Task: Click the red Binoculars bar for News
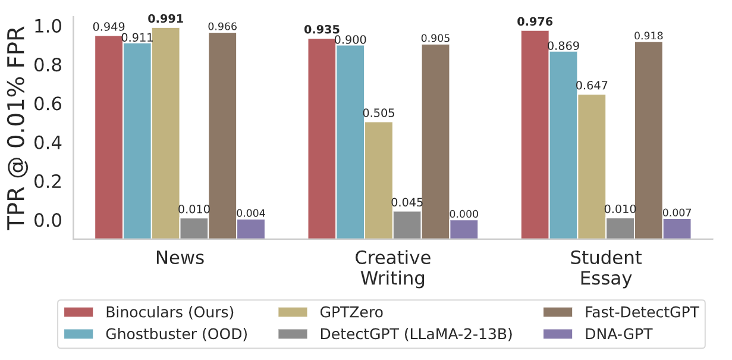(109, 137)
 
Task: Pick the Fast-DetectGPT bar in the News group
(222, 135)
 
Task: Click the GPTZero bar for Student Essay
(591, 166)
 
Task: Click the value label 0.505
(379, 114)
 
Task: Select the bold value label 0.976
(535, 23)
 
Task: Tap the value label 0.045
(406, 202)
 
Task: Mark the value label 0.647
(592, 86)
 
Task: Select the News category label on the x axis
(180, 258)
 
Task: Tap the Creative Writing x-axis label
(392, 268)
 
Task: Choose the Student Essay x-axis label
(605, 268)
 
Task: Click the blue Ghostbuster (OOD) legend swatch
(78, 334)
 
